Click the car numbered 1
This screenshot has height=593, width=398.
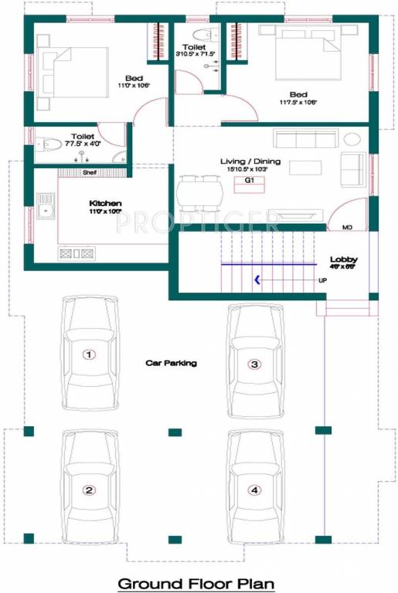coord(90,354)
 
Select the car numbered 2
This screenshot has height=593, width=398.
coord(90,488)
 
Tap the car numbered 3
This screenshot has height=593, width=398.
coord(253,362)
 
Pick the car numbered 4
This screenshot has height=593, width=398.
coord(253,488)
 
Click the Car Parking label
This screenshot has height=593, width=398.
coord(172,362)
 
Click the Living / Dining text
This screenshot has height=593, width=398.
coord(250,162)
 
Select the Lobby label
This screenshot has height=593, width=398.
coord(342,259)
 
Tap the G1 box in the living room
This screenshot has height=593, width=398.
coord(250,181)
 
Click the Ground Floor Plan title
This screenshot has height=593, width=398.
coord(196,584)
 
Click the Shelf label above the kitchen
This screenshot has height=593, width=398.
coord(90,173)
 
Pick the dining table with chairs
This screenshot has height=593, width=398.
coord(201,193)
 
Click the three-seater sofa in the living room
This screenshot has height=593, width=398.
coord(305,140)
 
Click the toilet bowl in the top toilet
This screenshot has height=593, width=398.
coord(203,35)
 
